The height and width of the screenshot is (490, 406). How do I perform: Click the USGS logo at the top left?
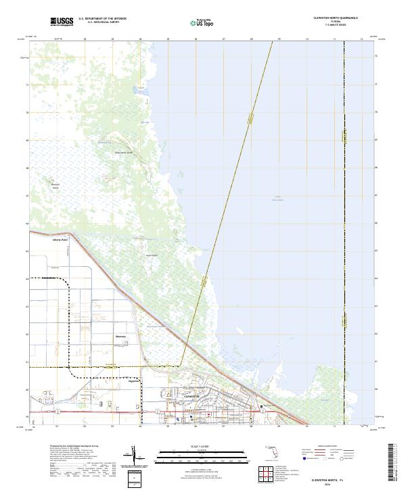pyautogui.click(x=62, y=22)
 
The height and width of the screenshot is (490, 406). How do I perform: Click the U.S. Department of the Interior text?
pyautogui.click(x=102, y=19)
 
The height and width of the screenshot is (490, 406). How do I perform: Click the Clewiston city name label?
pyautogui.click(x=191, y=397)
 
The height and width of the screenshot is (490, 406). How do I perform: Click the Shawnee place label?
pyautogui.click(x=120, y=336)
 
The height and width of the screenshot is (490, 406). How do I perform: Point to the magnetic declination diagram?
pyautogui.click(x=135, y=457)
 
